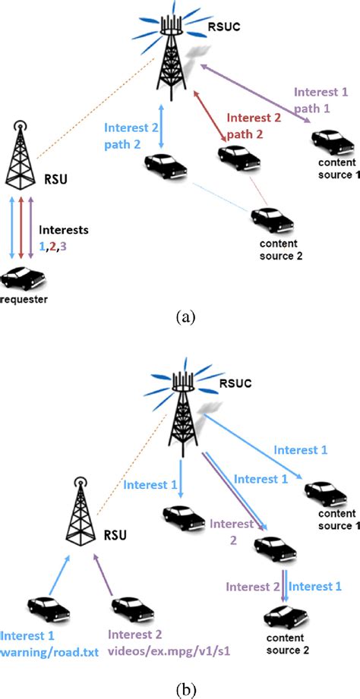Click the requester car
tap(24, 281)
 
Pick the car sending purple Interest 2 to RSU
tap(130, 607)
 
